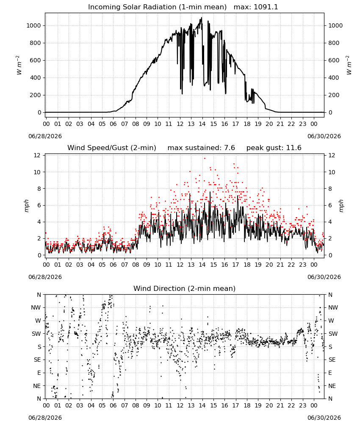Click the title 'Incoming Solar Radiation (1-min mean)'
157,7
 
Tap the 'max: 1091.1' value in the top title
256,7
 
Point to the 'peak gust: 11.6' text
274,148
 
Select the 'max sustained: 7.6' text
201,148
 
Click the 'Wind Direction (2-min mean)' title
185,288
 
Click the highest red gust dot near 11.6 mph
205,158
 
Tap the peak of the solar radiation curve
202,18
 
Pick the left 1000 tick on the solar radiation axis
33,26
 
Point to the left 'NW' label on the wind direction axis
36,308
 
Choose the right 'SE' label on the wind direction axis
332,360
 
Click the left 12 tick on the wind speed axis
37,156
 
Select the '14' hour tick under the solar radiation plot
202,124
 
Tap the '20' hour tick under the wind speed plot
269,265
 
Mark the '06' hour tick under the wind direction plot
113,405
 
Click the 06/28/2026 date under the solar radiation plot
45,136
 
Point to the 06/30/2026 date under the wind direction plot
324,418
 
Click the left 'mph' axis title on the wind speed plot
26,206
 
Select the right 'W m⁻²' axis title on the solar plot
349,65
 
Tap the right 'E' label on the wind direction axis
330,373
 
